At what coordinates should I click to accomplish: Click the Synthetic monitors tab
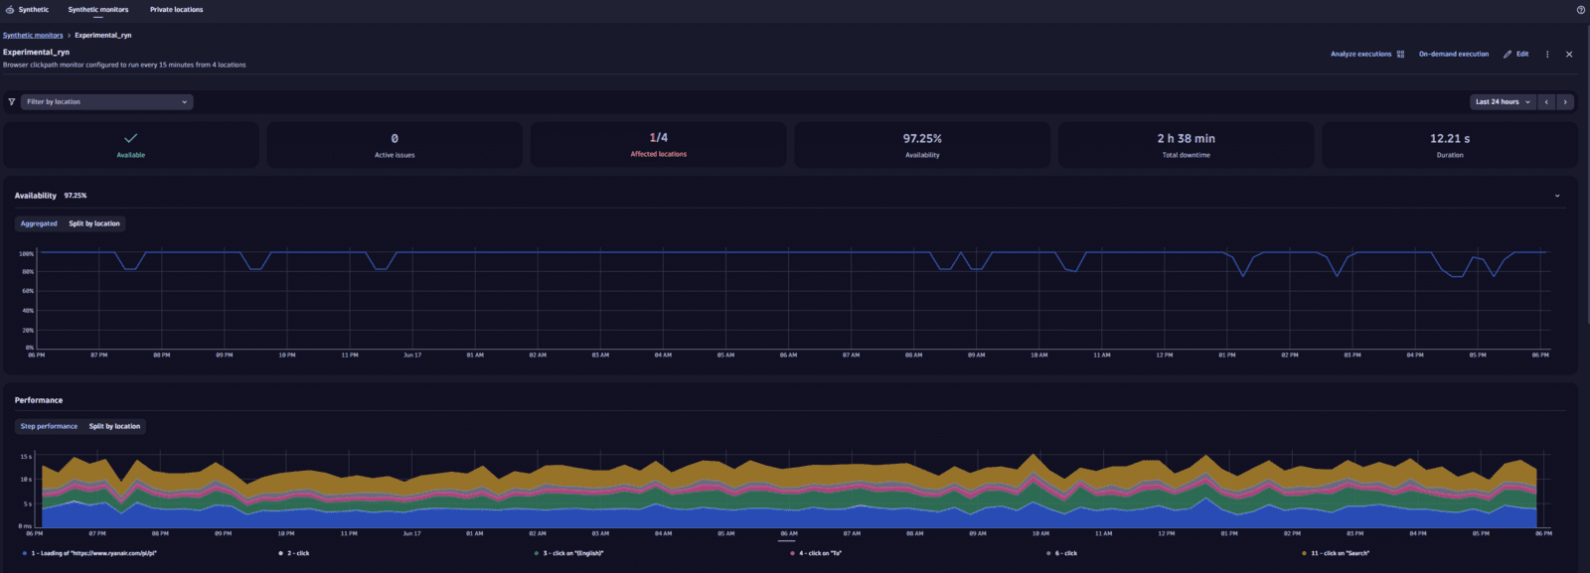(97, 10)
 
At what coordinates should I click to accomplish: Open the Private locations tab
(176, 10)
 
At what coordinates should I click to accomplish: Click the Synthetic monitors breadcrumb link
(33, 36)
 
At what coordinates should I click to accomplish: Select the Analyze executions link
(1361, 55)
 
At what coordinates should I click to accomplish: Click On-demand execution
(1453, 55)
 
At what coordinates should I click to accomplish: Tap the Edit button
(1516, 55)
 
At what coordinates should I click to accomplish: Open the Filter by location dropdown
(106, 102)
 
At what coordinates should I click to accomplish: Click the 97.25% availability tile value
(922, 139)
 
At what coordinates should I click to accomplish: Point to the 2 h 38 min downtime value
(1186, 139)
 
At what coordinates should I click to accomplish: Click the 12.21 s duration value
(1449, 139)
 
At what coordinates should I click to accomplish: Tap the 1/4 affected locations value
(658, 138)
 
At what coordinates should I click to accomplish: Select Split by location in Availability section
(94, 224)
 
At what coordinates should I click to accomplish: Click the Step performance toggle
(49, 427)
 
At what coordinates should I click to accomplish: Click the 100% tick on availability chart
(27, 254)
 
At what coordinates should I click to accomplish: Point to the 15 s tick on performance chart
(26, 457)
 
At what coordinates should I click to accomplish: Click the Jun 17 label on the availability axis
(411, 356)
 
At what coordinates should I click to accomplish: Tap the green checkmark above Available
(130, 138)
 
